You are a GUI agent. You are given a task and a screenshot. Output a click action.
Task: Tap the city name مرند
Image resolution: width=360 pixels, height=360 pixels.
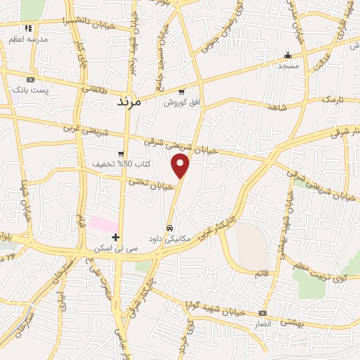coord(129,101)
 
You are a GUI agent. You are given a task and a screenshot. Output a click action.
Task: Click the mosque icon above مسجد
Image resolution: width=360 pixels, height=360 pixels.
coord(287,56)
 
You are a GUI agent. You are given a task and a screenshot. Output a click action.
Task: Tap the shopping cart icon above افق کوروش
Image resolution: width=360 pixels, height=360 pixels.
coord(181,91)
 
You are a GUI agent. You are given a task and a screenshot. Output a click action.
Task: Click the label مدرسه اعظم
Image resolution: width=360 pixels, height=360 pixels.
coord(28,39)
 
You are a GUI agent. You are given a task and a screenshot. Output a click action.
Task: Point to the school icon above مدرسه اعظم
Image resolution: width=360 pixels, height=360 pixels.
coord(28,28)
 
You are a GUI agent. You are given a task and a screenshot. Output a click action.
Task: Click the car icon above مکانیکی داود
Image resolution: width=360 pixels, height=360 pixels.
coord(169,228)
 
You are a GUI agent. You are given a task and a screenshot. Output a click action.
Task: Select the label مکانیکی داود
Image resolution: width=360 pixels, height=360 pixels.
coord(169,239)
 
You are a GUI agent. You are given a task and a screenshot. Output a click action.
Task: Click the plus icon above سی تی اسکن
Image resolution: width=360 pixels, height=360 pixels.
coord(116,237)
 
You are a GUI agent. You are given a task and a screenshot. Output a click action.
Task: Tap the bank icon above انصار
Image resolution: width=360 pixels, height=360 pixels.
coord(262,313)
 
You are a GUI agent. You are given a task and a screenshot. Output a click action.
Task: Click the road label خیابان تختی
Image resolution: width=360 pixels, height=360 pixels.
coord(148,184)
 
